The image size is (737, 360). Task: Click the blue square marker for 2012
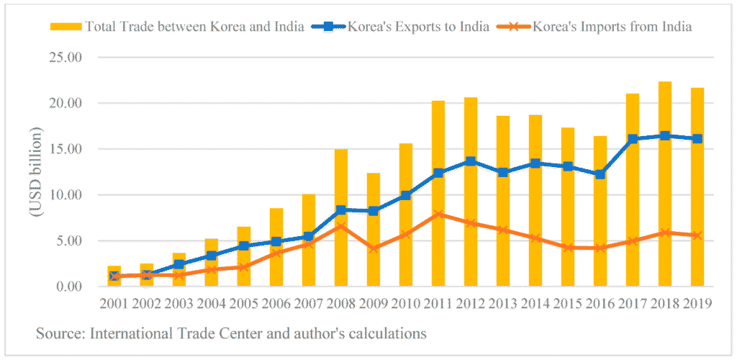coord(471,161)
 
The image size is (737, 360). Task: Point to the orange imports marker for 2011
coord(438,214)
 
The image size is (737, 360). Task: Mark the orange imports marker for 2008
coord(341,227)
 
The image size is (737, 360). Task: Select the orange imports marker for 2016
coord(600,248)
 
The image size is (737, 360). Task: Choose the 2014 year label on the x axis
coord(535,304)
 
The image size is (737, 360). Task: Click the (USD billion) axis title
coord(36,172)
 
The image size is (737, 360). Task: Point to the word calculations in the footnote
coord(388,333)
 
